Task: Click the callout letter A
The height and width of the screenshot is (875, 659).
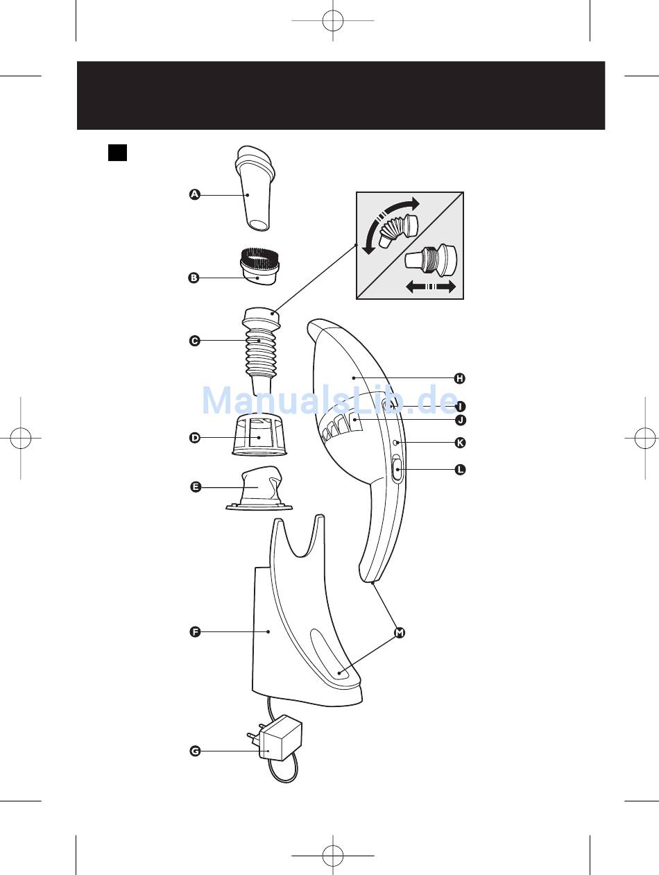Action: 195,195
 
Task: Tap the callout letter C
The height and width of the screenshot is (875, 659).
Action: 195,341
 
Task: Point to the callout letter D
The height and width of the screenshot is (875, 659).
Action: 195,438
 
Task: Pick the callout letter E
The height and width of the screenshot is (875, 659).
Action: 196,487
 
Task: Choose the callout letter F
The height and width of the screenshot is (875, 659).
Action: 195,631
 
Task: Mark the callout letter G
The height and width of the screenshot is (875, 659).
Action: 195,751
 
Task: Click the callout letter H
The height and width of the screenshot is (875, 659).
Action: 459,378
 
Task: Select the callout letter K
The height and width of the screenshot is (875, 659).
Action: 459,442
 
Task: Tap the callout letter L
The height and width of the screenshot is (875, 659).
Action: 460,470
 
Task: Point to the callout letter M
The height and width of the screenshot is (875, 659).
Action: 399,633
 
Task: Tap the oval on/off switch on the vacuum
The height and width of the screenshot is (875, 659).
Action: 396,470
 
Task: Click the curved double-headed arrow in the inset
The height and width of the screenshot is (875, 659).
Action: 389,221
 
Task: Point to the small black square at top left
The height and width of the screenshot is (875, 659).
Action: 117,152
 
